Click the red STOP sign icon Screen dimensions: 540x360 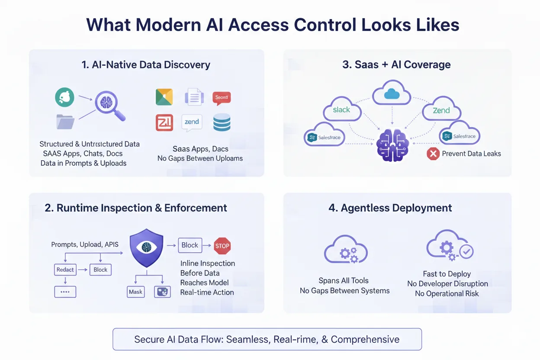pos(222,246)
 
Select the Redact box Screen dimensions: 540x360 pos(65,270)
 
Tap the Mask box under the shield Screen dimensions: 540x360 pos(136,292)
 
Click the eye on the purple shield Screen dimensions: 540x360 pos(146,247)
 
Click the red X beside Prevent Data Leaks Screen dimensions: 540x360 pos(433,154)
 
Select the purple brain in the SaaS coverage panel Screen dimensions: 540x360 pos(392,145)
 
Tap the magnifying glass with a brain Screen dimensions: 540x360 pos(110,105)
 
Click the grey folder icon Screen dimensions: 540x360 pos(65,122)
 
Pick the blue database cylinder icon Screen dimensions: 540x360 pos(222,122)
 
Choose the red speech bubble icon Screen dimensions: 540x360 pos(222,98)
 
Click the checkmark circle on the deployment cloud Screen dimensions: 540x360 pos(466,251)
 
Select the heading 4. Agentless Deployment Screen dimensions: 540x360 pos(390,208)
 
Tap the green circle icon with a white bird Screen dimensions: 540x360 pos(64,97)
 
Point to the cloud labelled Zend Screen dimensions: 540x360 pos(442,109)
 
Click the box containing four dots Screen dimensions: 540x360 pos(65,292)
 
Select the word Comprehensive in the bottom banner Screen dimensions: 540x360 pos(365,339)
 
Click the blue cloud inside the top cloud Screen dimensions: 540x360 pos(392,94)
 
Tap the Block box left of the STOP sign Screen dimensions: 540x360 pos(190,245)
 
